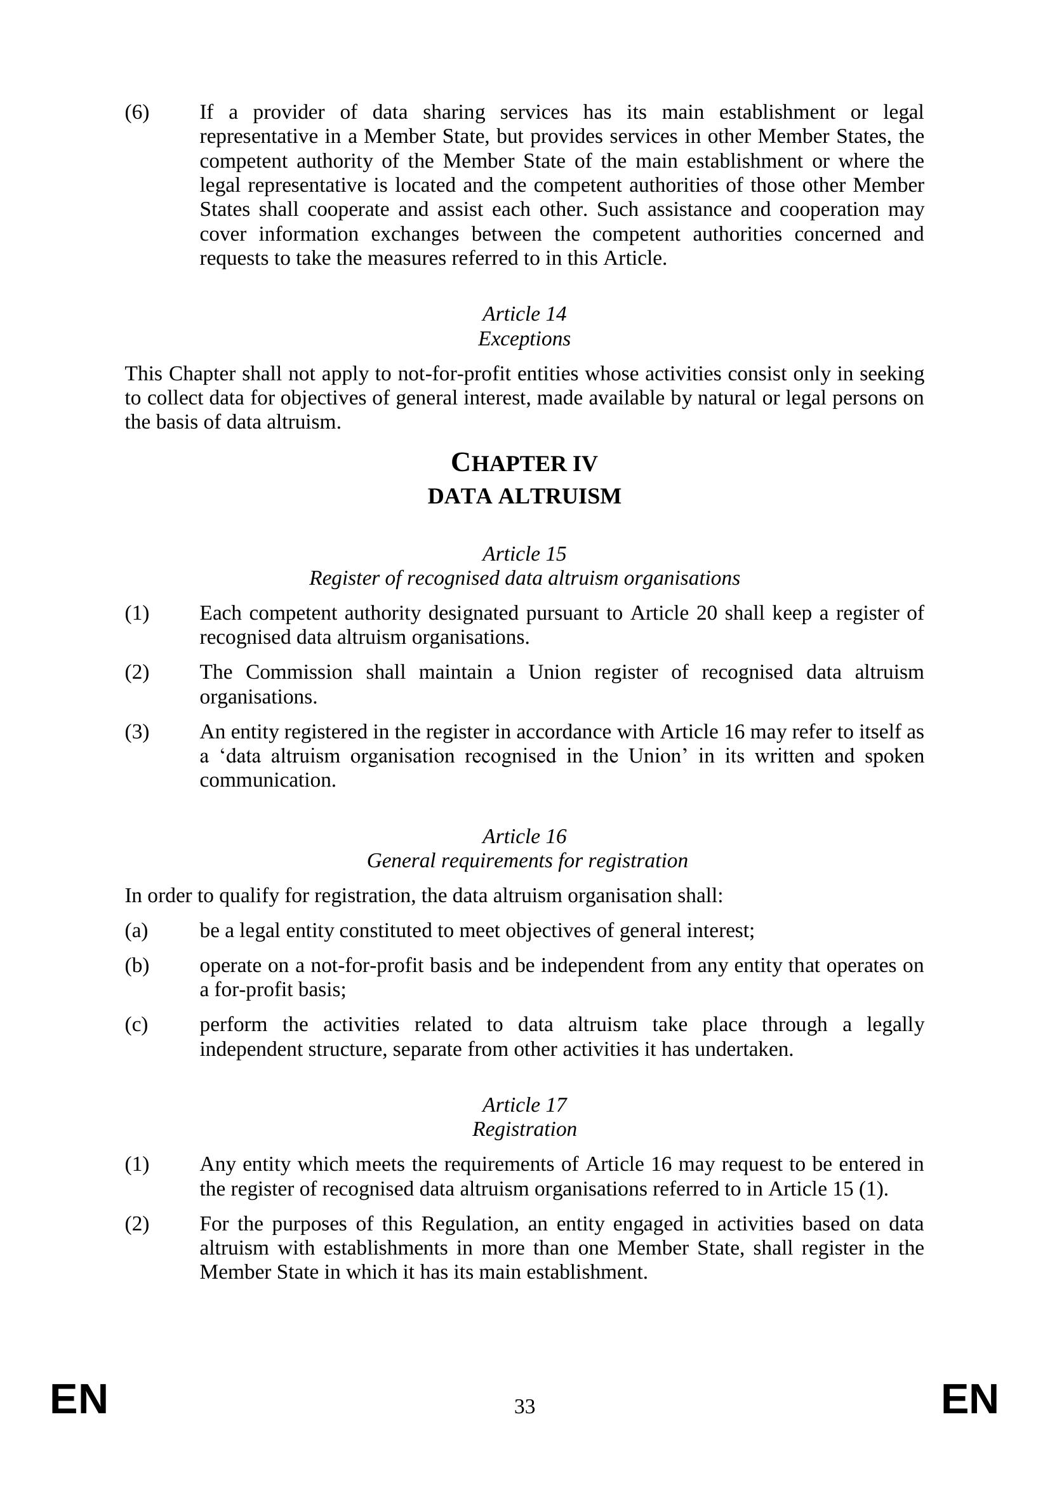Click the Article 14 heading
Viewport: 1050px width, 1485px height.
[524, 314]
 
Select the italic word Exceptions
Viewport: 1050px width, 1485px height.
[524, 338]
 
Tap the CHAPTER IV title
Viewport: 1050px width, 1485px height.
[524, 463]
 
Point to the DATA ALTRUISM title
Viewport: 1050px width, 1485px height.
[524, 496]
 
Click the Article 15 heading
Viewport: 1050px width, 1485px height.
[524, 554]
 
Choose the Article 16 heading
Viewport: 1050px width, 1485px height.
[524, 836]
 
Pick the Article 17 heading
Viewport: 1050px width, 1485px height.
[524, 1105]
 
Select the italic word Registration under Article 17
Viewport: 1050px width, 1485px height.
[524, 1129]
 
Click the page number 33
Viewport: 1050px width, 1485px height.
[524, 1407]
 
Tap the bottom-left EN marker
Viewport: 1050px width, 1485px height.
[79, 1401]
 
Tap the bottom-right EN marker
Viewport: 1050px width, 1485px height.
[970, 1401]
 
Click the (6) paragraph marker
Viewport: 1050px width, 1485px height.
[136, 112]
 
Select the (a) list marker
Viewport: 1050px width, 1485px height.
[136, 931]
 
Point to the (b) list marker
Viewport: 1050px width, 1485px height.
[136, 966]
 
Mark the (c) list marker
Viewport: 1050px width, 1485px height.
[136, 1025]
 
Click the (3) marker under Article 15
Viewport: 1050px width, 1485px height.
[136, 732]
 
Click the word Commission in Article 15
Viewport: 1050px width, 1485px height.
[299, 672]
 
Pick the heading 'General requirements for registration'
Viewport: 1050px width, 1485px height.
[527, 861]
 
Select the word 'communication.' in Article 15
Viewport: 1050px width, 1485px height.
[268, 781]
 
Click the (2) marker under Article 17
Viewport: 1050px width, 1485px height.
[136, 1224]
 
